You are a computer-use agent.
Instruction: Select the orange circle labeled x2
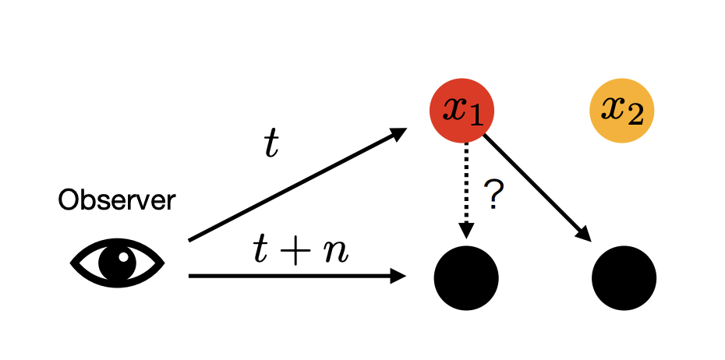(x=621, y=111)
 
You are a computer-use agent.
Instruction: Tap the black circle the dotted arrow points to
(x=465, y=277)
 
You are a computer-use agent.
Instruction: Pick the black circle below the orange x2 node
(x=624, y=277)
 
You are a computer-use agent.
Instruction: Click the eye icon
(x=118, y=263)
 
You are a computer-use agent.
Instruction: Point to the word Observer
(x=117, y=200)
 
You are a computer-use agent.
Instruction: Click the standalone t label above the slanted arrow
(x=271, y=145)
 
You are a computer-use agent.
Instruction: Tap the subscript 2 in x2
(x=636, y=118)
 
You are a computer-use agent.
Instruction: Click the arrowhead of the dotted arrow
(x=465, y=231)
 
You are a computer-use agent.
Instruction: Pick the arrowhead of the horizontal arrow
(x=399, y=275)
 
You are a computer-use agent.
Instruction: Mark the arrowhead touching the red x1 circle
(x=398, y=133)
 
